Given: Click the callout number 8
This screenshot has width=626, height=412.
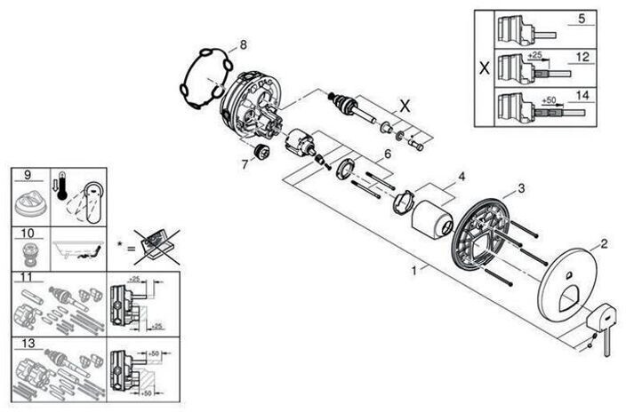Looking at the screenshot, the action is (243, 44).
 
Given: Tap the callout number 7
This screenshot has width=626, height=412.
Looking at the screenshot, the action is (244, 163).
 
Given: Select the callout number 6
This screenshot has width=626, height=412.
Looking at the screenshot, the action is (387, 154).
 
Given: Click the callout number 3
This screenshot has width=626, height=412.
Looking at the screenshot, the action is (521, 187).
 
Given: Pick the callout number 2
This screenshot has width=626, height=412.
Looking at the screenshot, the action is (604, 242).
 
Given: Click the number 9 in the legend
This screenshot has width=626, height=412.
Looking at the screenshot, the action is (28, 174).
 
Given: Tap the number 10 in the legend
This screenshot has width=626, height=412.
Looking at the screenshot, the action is (29, 232).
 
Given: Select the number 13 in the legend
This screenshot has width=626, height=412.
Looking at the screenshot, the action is (28, 340).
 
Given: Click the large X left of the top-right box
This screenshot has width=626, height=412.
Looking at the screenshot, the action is (484, 67).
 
